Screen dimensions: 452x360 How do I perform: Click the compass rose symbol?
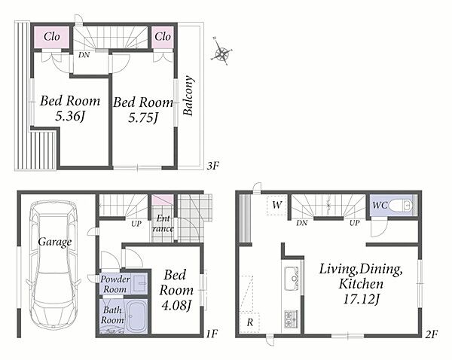click(221, 53)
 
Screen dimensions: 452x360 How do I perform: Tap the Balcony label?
click(188, 96)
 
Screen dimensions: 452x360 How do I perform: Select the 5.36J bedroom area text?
click(70, 117)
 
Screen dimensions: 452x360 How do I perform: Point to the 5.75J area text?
click(143, 118)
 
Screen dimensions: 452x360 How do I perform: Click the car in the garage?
click(54, 264)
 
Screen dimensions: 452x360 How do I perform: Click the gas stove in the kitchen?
click(291, 319)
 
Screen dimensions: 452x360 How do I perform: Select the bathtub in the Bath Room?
click(136, 317)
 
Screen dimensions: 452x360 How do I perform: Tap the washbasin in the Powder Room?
click(140, 283)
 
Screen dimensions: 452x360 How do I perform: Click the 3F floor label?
click(213, 166)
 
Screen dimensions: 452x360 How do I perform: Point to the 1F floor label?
click(211, 334)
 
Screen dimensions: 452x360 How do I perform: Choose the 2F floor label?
click(432, 334)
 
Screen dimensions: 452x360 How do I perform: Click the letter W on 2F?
click(276, 205)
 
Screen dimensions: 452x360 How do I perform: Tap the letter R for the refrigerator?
click(250, 322)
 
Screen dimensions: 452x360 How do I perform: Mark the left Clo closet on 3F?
click(52, 37)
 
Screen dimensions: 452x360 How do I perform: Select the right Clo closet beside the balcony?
click(163, 37)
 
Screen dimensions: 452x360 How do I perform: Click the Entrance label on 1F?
click(163, 224)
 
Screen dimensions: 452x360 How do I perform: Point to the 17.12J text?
click(361, 299)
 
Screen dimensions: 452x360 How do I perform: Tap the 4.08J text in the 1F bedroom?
click(176, 306)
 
